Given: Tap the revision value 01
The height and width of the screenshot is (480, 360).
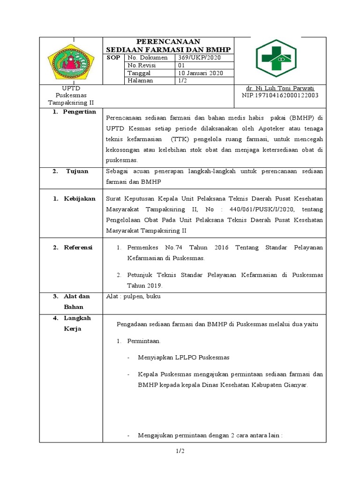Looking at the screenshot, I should [x=182, y=65].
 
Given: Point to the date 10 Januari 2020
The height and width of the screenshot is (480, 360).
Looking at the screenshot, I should [x=200, y=73].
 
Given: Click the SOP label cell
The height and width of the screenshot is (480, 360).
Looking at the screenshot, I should [x=114, y=58].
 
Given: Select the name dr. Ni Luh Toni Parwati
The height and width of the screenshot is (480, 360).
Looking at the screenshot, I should [x=280, y=88].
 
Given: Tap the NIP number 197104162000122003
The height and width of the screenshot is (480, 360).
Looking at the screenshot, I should [x=280, y=95].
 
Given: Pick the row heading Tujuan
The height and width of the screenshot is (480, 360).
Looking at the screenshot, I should [x=77, y=172].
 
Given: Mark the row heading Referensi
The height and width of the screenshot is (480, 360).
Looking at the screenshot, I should [x=78, y=247].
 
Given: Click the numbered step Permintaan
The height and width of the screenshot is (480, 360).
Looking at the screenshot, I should [x=144, y=341].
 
